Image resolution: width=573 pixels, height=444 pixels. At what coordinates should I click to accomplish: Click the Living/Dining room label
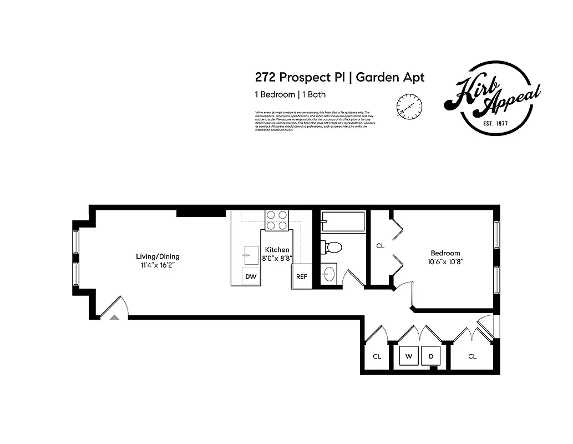click(158, 256)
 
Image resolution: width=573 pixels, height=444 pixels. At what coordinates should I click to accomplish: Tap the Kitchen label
click(277, 250)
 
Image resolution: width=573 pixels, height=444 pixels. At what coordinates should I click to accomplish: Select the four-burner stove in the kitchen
click(277, 220)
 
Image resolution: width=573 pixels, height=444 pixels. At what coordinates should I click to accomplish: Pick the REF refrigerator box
click(301, 276)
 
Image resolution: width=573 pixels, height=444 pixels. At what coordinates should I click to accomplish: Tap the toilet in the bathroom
click(333, 246)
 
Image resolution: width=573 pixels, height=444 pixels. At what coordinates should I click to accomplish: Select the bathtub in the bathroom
click(342, 222)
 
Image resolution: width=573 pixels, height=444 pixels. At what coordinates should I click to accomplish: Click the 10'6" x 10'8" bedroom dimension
click(445, 261)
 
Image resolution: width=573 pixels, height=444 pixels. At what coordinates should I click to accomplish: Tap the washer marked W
click(408, 356)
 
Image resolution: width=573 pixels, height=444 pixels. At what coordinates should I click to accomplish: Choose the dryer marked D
click(431, 356)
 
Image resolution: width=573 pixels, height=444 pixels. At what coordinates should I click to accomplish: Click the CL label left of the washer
click(377, 356)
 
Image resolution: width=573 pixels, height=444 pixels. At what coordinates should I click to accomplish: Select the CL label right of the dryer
click(472, 356)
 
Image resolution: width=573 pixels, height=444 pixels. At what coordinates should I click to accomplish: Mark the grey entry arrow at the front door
click(114, 317)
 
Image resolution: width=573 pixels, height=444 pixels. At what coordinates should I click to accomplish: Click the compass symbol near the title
click(410, 105)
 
